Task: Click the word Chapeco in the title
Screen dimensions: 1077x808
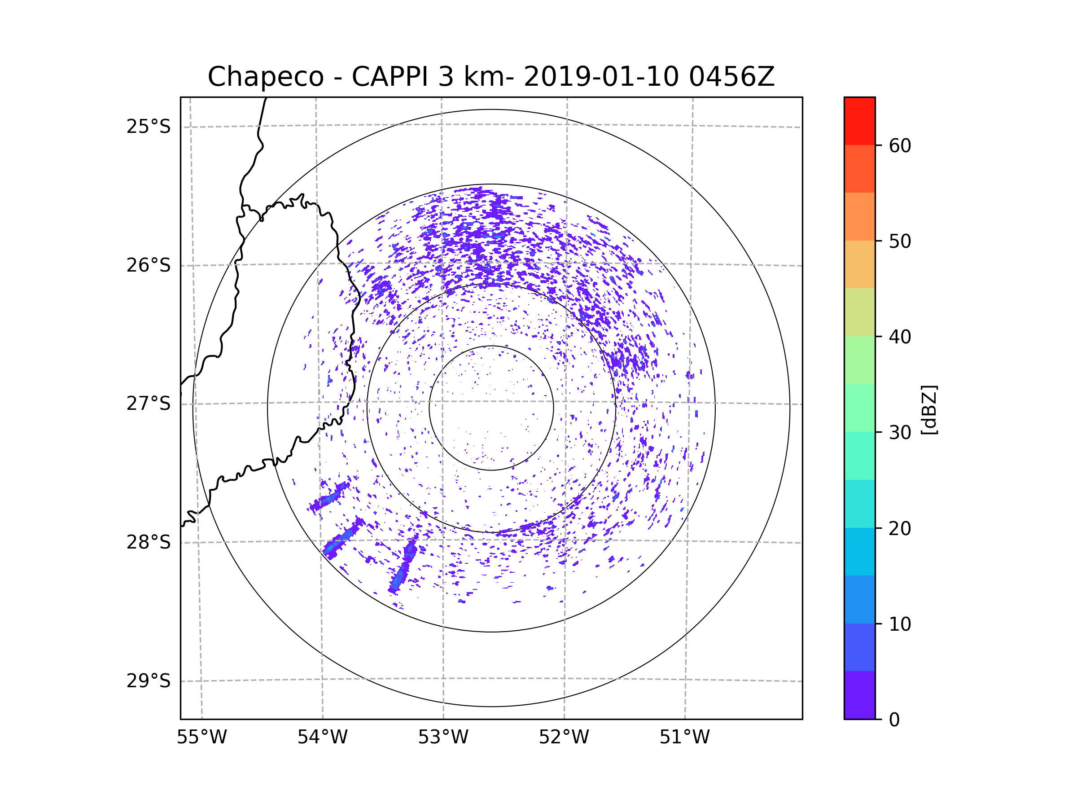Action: tap(266, 77)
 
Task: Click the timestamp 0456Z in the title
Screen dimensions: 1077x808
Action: tap(731, 76)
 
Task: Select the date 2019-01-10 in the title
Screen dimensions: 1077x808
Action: tap(601, 76)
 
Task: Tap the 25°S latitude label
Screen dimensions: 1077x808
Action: tap(149, 127)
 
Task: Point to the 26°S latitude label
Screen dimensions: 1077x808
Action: tap(149, 265)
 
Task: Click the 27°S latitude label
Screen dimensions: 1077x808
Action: tap(149, 404)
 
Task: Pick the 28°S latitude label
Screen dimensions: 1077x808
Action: tap(149, 542)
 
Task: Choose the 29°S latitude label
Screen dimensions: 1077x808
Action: tap(149, 681)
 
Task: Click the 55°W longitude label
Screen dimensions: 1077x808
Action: tap(201, 738)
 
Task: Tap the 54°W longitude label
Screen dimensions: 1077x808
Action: tap(322, 738)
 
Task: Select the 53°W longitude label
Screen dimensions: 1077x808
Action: tap(443, 738)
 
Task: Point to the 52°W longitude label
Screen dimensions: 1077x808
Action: tap(564, 738)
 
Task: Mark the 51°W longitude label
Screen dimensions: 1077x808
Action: tap(684, 738)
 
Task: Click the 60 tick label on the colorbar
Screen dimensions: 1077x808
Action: tap(900, 145)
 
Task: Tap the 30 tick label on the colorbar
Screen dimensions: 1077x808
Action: tap(900, 432)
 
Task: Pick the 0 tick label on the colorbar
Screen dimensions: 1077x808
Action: tap(894, 720)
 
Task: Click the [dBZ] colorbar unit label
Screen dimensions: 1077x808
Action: tap(929, 409)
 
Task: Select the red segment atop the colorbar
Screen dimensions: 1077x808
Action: tap(859, 121)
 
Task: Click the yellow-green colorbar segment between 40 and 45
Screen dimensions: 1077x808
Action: tap(859, 312)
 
